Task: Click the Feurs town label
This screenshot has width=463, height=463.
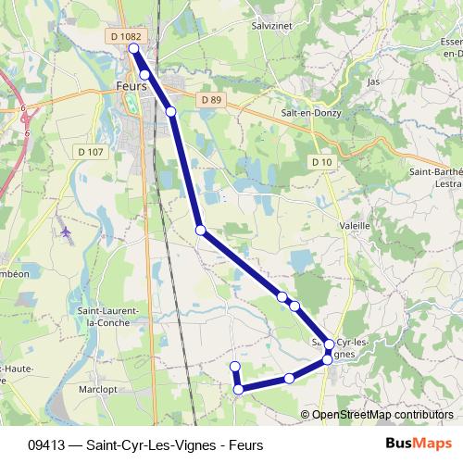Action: [132, 85]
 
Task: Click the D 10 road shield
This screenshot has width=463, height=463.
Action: [321, 162]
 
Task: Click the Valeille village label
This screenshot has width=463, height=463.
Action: [354, 225]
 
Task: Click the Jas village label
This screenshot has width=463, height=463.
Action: [374, 81]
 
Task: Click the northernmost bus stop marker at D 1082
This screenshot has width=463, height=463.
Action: [134, 48]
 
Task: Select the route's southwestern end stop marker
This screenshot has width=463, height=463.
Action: [235, 367]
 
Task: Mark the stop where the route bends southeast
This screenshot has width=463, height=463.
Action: [200, 230]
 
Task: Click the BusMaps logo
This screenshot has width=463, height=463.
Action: [419, 444]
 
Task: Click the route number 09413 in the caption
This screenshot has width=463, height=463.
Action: [47, 444]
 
